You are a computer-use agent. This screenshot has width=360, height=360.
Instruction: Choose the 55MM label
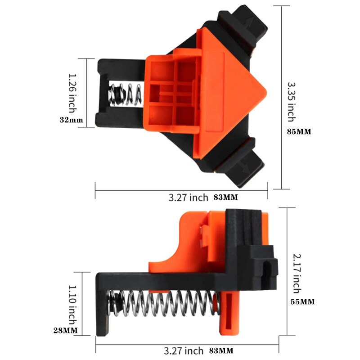tap(302, 301)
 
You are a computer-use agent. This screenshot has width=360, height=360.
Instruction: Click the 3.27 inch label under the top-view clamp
tap(188, 197)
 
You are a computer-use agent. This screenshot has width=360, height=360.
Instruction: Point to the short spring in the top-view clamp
tap(125, 94)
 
